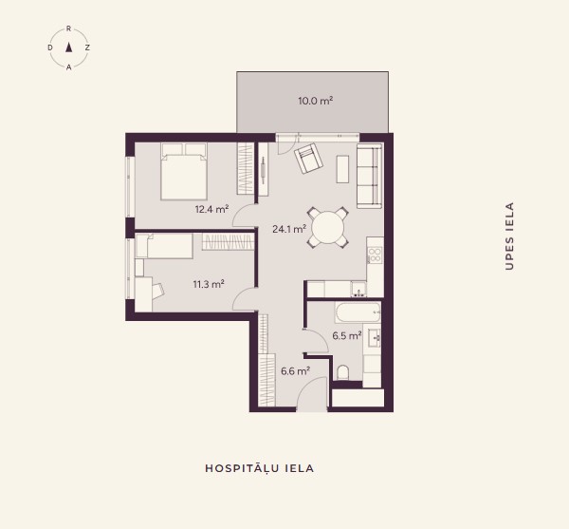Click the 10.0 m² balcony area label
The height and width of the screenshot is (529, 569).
point(316,101)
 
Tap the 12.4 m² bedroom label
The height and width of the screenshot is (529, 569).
point(211,209)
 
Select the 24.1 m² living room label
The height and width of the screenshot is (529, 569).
point(289,229)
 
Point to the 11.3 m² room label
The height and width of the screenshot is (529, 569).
point(209,284)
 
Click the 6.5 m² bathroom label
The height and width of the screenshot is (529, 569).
point(347,335)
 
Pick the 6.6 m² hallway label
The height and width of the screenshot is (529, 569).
point(295,371)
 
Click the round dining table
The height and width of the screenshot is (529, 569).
point(328,228)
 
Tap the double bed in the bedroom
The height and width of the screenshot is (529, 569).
point(184,172)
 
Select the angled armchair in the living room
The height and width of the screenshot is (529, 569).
point(308,159)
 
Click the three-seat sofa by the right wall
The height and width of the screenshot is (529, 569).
point(370,176)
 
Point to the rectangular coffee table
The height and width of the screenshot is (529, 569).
point(342,169)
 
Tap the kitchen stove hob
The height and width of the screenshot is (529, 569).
point(375,255)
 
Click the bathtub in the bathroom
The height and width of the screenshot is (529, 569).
point(358,312)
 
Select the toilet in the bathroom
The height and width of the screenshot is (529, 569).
point(343,372)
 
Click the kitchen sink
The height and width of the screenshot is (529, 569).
point(358,290)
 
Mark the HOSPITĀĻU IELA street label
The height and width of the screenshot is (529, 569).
point(260,468)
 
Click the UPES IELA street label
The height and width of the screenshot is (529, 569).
point(509,236)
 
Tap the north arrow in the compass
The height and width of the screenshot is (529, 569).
point(68,47)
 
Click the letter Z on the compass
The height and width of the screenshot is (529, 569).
point(87,47)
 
